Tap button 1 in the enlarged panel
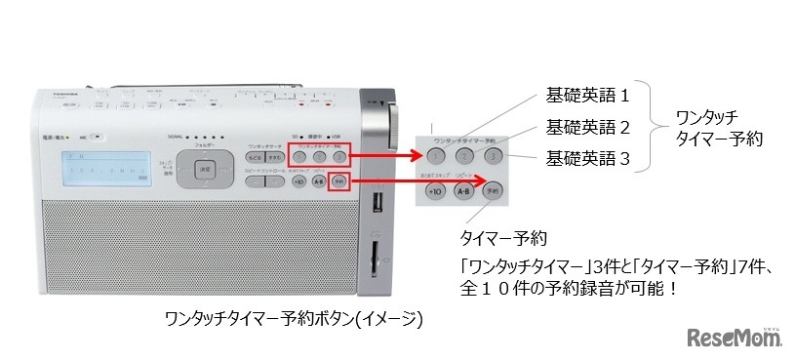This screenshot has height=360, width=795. click(436, 155)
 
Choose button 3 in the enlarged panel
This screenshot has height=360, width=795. click(494, 155)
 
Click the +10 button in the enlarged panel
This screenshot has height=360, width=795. click(436, 192)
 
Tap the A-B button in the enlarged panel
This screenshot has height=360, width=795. click(464, 192)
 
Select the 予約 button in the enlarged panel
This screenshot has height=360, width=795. click(494, 192)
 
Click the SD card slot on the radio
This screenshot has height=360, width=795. click(375, 258)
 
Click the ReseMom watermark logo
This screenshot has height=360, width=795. click(735, 337)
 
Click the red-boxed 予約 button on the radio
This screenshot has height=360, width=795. click(338, 181)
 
